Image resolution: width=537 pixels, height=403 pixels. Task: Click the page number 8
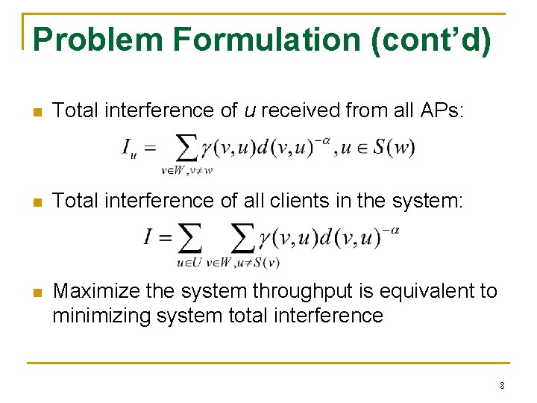point(502,386)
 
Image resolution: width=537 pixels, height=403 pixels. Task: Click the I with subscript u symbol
point(130,150)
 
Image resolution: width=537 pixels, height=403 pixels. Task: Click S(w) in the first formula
point(394,147)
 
